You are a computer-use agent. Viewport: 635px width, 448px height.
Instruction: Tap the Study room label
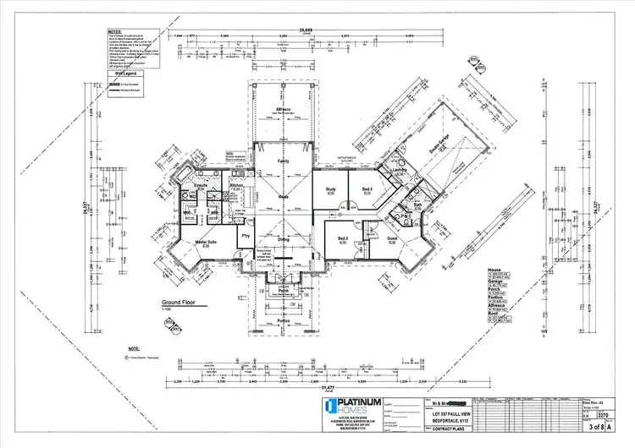point(332,188)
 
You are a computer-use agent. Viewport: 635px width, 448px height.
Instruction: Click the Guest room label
point(392,239)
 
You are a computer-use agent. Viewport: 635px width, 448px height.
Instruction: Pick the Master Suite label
point(208,243)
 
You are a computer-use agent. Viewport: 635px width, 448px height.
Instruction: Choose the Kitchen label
point(237,184)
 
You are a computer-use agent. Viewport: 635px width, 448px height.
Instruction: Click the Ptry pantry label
point(246,236)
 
